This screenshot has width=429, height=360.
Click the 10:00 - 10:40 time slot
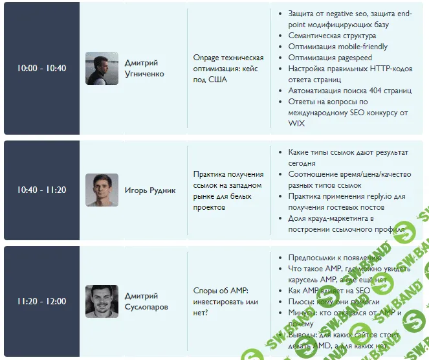pyautogui.click(x=41, y=68)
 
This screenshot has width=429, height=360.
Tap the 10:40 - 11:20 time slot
pyautogui.click(x=41, y=190)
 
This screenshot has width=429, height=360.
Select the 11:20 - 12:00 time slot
pyautogui.click(x=41, y=301)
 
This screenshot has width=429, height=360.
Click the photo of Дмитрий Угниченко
pyautogui.click(x=102, y=68)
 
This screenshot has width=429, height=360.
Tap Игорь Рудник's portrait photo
pyautogui.click(x=102, y=190)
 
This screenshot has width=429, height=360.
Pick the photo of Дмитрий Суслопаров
pyautogui.click(x=102, y=301)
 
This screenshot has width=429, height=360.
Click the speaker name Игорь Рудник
pyautogui.click(x=150, y=190)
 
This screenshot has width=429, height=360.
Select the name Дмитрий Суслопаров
pyautogui.click(x=146, y=302)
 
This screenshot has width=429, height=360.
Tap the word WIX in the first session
pyautogui.click(x=296, y=123)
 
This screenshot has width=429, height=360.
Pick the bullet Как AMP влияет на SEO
pyautogui.click(x=329, y=291)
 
